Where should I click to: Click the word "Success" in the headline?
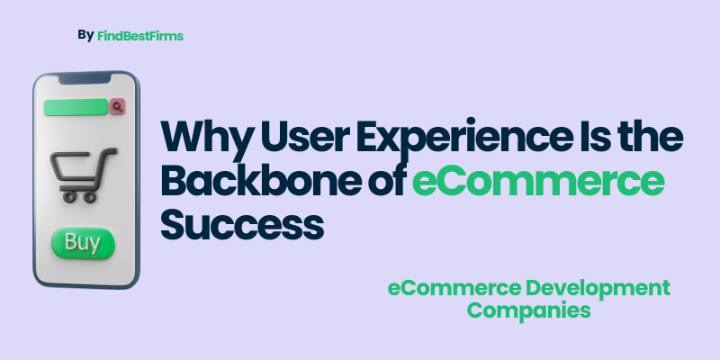coord(241,222)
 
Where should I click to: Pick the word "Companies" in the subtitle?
coord(529,310)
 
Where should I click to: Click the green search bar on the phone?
coord(76,107)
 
